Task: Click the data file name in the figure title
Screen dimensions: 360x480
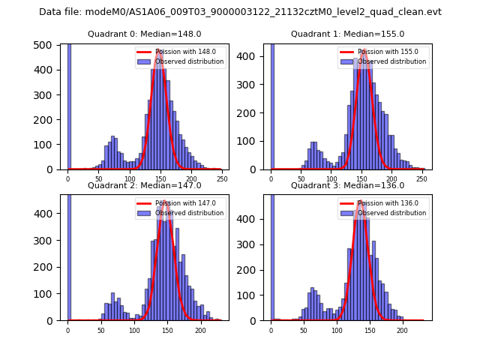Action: coord(240,12)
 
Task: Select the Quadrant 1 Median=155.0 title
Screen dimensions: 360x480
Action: coord(347,34)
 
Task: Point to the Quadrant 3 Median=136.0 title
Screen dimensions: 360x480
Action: coord(347,185)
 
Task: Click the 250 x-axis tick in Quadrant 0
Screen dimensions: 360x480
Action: coord(222,179)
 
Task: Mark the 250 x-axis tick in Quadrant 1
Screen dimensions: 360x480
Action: coord(424,179)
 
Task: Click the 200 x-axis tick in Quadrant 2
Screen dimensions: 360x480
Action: coord(200,330)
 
